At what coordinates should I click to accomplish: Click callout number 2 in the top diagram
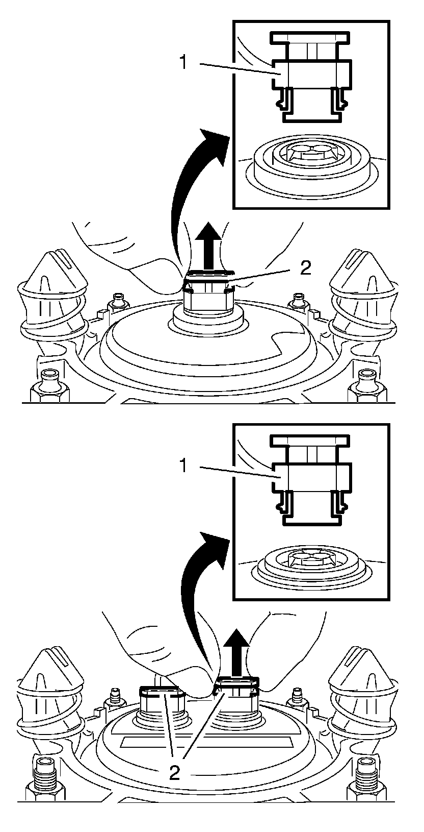coord(305,268)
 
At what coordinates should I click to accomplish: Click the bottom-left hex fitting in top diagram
coord(49,385)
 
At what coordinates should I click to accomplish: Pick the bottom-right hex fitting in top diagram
coord(366,385)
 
